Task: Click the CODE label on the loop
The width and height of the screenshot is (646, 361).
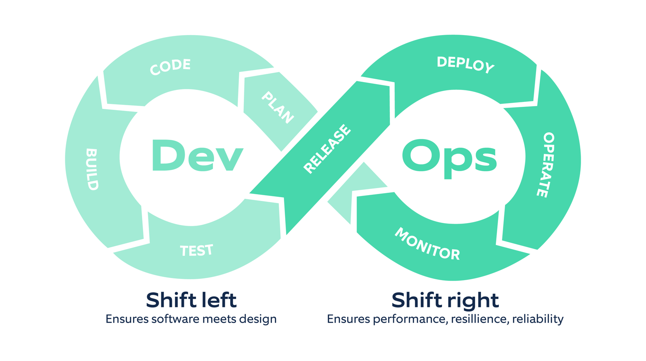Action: click(170, 67)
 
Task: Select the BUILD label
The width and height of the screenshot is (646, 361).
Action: click(92, 169)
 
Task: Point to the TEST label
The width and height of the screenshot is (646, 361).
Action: click(197, 250)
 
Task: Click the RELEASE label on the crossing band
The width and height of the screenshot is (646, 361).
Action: click(327, 149)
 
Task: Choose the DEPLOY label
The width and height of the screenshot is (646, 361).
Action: click(465, 64)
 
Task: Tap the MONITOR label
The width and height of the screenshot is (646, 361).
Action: click(427, 244)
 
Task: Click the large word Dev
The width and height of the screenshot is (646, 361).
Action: click(198, 155)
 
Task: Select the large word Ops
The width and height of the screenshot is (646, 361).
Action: click(449, 157)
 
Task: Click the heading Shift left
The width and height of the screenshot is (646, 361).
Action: click(191, 300)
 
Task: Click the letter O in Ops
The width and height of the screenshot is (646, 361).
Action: click(421, 156)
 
